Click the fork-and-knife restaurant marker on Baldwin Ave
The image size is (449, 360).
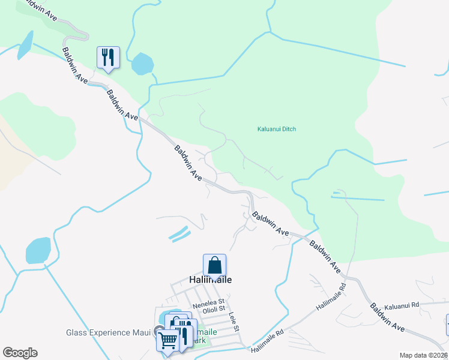(x=108, y=58)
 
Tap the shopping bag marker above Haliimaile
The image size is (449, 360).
(x=214, y=265)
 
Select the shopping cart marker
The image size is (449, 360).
(x=167, y=340)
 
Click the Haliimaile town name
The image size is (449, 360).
(x=210, y=280)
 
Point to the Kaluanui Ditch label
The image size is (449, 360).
(x=277, y=129)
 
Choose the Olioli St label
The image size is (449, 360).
(x=213, y=311)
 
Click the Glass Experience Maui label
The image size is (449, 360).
(x=107, y=332)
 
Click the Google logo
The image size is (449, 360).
(x=20, y=353)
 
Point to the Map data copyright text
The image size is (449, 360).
(x=424, y=355)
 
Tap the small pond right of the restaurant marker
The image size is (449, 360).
(x=142, y=63)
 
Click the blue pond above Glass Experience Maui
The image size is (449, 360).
(x=38, y=250)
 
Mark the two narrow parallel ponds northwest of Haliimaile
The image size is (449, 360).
(x=179, y=233)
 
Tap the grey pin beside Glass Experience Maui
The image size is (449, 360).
(x=158, y=331)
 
